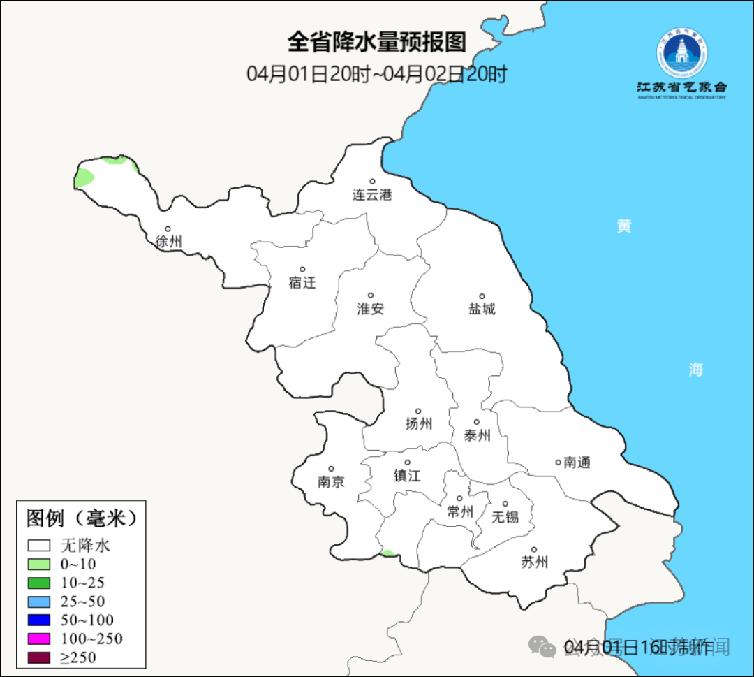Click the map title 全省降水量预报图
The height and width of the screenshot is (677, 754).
click(x=376, y=42)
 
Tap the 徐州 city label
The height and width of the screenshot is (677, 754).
click(x=168, y=242)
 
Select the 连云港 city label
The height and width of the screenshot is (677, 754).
click(x=372, y=195)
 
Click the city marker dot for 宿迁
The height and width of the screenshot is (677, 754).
click(x=302, y=269)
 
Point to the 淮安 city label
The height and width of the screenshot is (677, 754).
click(x=371, y=309)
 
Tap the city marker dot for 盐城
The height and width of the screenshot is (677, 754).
click(x=482, y=296)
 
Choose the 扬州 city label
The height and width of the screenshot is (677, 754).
click(x=418, y=423)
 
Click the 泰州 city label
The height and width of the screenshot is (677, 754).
click(x=477, y=436)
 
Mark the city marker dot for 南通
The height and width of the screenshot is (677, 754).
click(x=558, y=462)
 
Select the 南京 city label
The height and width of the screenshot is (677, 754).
click(x=331, y=482)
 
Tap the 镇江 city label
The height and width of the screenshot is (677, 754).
click(x=407, y=475)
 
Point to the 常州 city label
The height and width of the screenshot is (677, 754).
click(x=460, y=512)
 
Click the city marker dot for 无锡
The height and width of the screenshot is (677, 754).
click(x=505, y=504)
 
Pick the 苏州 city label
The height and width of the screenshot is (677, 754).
click(x=534, y=562)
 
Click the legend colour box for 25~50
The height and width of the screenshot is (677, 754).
click(x=39, y=601)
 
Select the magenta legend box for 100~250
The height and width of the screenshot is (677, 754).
click(x=39, y=639)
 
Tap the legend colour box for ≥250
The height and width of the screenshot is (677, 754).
click(x=39, y=657)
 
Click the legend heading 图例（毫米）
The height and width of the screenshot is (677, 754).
click(x=81, y=518)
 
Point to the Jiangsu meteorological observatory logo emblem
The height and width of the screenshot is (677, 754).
click(x=681, y=54)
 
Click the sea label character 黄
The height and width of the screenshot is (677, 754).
click(x=624, y=226)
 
